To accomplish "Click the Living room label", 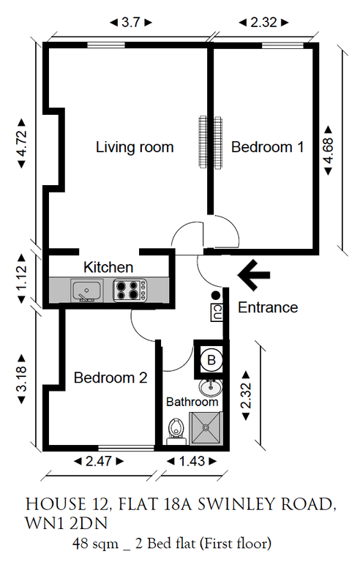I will (135, 147).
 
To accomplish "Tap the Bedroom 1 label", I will (267, 147).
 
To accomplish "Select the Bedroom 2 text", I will (110, 378).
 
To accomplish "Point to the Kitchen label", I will (108, 267).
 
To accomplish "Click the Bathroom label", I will (192, 402).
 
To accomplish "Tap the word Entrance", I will (268, 307).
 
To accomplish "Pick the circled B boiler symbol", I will (211, 359).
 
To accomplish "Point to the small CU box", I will (217, 312).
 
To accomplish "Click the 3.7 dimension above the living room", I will (130, 23).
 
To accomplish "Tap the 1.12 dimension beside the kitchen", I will (21, 278).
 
